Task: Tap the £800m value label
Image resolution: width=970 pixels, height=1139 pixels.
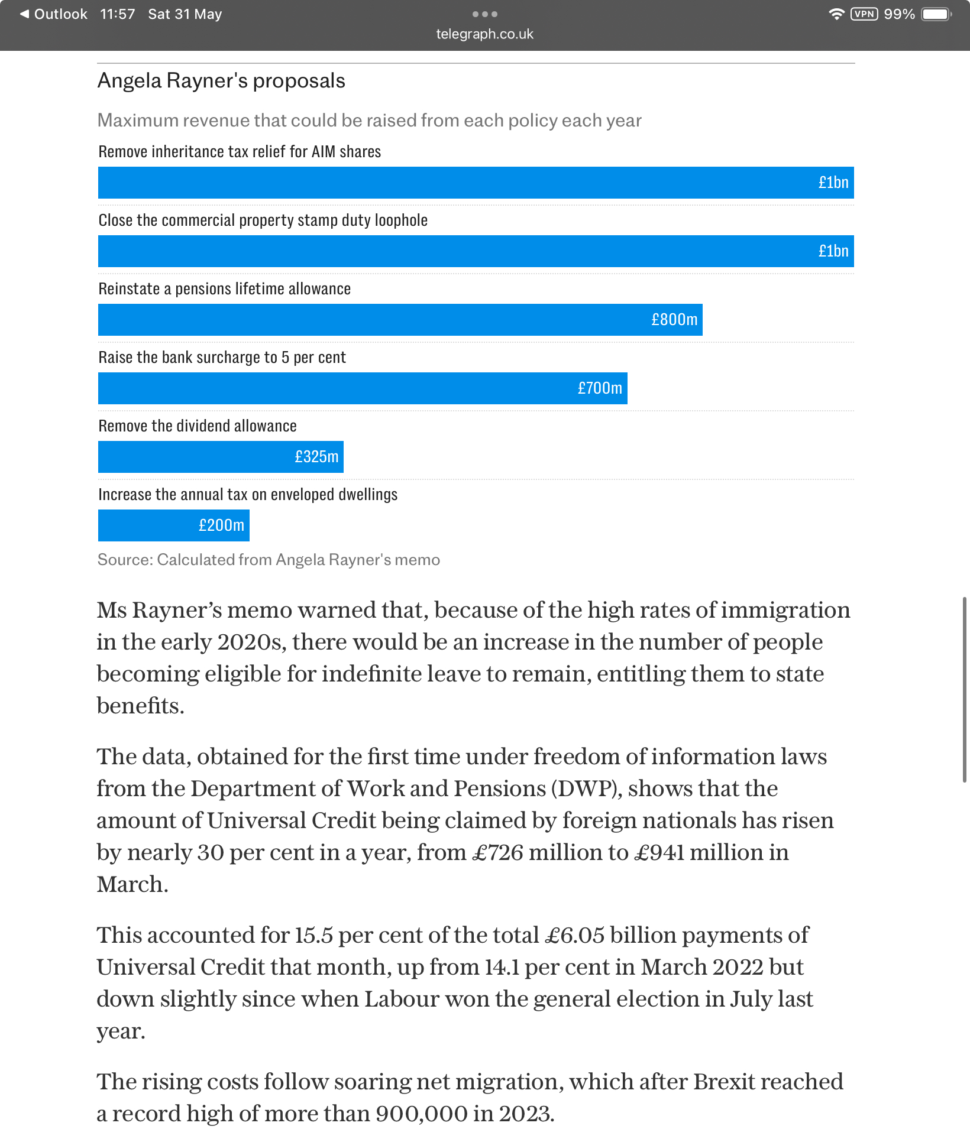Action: point(674,320)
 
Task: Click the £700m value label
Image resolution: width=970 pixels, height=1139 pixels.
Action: point(600,388)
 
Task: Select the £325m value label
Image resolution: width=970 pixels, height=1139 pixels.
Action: point(316,457)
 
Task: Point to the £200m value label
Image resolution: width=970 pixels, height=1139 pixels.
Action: point(221,525)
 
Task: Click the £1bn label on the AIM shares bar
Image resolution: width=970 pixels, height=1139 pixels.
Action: point(833,183)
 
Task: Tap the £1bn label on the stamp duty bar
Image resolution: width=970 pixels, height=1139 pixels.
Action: point(833,251)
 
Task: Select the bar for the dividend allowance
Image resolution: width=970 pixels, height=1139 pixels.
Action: point(221,457)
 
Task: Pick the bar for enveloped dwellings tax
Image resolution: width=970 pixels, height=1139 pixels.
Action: point(174,525)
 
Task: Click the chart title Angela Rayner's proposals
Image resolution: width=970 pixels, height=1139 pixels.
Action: point(221,81)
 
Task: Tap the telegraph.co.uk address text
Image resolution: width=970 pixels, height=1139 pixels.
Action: point(485,34)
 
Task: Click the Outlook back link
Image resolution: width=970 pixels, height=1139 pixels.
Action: point(53,14)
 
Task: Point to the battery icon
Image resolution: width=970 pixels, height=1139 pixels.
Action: point(937,14)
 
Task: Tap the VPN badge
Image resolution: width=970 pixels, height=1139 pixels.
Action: point(864,14)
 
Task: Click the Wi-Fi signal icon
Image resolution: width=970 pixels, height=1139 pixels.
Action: point(836,14)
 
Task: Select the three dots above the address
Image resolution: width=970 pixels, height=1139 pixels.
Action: point(485,14)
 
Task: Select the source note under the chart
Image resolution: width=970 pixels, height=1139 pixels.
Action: point(269,560)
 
